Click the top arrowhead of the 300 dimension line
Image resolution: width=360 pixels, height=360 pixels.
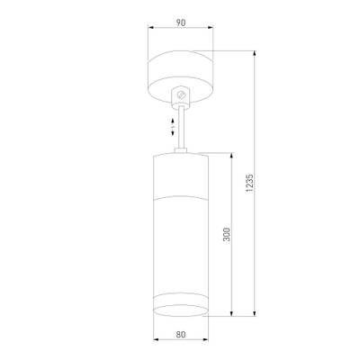click(x=235, y=153)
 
